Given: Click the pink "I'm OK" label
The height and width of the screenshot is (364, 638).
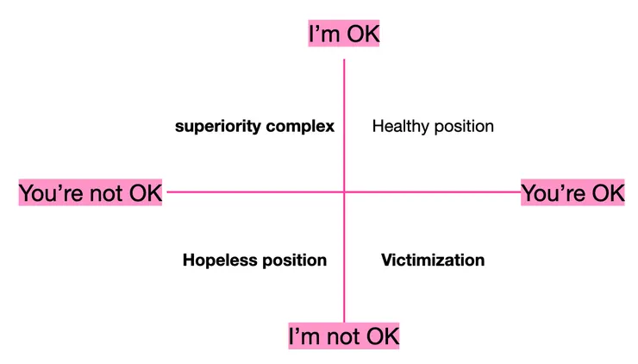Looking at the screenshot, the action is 344,33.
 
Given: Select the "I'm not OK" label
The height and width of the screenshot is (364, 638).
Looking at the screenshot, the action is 344,336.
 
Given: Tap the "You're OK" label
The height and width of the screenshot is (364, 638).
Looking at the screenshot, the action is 572,192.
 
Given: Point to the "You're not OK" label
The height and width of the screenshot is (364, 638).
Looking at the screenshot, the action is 91,192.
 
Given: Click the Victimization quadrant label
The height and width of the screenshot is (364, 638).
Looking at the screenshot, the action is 433,260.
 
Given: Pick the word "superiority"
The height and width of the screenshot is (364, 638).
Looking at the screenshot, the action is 218,127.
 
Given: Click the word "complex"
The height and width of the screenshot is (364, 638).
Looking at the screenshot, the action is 300,127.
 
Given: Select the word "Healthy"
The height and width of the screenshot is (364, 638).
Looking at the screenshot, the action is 401,127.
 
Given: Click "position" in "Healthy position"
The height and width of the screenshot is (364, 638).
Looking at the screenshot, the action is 464,127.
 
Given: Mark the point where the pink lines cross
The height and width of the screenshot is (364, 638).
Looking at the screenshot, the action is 344,191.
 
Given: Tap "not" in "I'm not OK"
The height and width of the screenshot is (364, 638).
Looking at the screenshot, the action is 343,336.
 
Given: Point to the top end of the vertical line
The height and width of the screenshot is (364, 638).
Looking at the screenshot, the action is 344,60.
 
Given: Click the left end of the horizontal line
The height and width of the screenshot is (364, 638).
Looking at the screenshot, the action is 167,191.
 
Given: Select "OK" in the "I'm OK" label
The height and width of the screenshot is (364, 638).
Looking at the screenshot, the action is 363,34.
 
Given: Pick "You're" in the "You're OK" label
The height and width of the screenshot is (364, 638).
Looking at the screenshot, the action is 554,193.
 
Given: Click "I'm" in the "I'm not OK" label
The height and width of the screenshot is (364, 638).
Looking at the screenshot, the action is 304,336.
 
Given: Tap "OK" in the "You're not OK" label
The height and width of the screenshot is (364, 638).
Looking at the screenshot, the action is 145,193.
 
